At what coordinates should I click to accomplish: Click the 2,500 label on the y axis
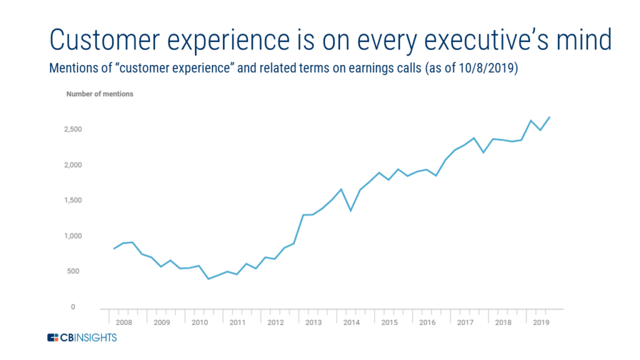72,129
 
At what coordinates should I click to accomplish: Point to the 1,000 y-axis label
72,236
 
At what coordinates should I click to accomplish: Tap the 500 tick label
73,271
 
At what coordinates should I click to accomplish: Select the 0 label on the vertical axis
73,307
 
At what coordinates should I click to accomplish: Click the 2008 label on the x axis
124,322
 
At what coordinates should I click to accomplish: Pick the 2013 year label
314,322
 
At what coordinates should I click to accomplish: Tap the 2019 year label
541,322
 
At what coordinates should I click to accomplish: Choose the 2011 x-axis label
237,322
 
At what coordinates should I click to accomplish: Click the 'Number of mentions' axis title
99,94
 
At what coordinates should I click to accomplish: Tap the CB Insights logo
82,337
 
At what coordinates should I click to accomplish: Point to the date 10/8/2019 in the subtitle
486,67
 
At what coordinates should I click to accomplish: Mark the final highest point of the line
550,117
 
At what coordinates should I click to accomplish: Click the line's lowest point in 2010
209,279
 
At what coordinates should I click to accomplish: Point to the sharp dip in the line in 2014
351,211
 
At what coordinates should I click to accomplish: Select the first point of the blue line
114,249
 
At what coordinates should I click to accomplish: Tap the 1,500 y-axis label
72,201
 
